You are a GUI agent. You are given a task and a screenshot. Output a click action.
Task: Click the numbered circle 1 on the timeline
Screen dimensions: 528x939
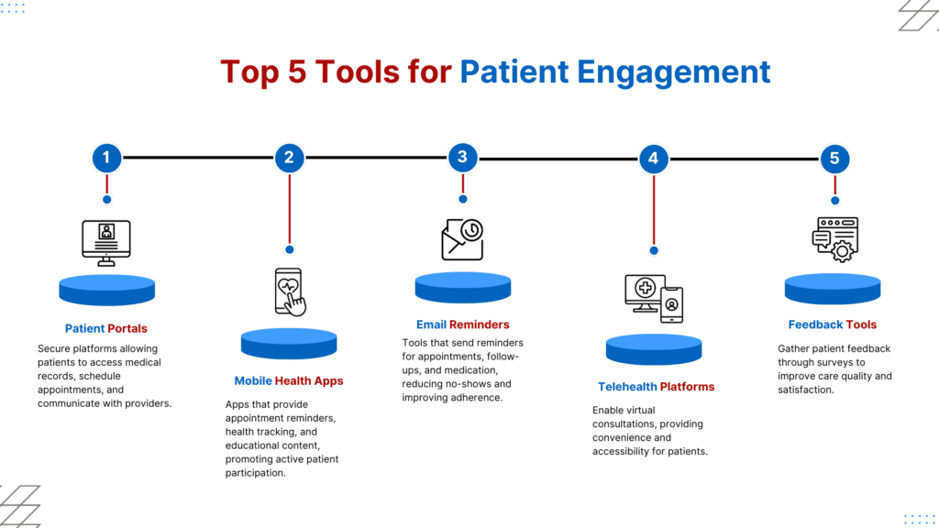click(x=106, y=158)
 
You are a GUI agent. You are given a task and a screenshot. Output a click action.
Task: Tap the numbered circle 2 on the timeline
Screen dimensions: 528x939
click(x=289, y=158)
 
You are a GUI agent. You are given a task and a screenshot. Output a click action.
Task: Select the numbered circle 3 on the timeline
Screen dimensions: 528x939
click(x=462, y=157)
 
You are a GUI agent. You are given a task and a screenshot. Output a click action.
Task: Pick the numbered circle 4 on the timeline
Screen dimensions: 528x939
click(x=653, y=158)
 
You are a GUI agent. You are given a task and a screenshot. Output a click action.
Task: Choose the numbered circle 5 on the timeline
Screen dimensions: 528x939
click(x=834, y=158)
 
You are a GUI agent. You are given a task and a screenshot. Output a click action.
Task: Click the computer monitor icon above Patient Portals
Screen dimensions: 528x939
click(x=106, y=243)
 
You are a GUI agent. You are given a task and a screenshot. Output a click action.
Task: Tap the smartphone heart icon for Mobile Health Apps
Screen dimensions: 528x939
click(x=289, y=292)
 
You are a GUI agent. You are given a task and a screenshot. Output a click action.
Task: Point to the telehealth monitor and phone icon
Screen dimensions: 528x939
click(x=653, y=298)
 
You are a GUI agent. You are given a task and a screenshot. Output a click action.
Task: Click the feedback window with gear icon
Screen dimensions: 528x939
click(x=834, y=241)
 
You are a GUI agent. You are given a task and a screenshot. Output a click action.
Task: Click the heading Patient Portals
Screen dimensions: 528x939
click(x=105, y=328)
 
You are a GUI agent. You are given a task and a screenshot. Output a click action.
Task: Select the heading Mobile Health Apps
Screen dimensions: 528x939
click(x=289, y=381)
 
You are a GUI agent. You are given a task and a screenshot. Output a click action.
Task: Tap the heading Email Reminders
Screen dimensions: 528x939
click(x=462, y=324)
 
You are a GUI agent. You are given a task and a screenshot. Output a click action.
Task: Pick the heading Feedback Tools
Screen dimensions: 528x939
click(x=833, y=324)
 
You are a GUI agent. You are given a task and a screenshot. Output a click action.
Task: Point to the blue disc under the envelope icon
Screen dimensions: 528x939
click(x=462, y=287)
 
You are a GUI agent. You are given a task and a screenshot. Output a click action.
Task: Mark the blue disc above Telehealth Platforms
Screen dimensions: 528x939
click(x=654, y=349)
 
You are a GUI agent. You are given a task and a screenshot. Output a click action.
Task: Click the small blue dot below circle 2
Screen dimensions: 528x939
click(x=289, y=248)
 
